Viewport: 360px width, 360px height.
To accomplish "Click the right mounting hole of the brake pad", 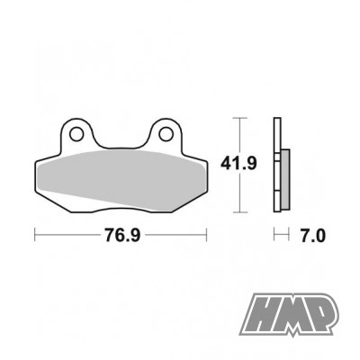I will click(166, 136).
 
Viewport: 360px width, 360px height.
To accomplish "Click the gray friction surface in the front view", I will click(121, 180).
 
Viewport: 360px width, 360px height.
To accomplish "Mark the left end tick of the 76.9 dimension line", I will click(35, 237).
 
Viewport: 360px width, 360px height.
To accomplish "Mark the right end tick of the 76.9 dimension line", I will click(209, 237).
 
